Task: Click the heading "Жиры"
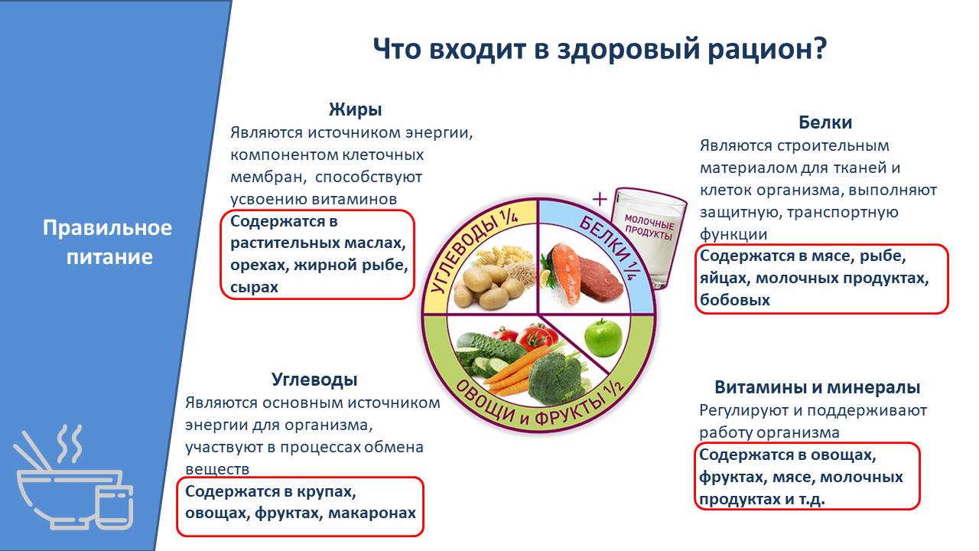(x=356, y=109)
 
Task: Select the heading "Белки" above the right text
(x=825, y=122)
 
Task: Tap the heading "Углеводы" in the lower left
(x=314, y=380)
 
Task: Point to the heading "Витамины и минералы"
(x=818, y=387)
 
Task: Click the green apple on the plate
(x=603, y=337)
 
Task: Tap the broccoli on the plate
(x=555, y=379)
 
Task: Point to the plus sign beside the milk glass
(x=600, y=200)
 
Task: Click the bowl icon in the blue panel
(x=74, y=498)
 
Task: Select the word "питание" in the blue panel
(x=109, y=257)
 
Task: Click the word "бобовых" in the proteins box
(x=735, y=300)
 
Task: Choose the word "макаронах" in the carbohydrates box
(x=372, y=513)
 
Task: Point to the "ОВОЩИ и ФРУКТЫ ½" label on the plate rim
(x=538, y=403)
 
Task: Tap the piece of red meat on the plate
(x=601, y=279)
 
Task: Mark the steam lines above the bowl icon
(x=70, y=443)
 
